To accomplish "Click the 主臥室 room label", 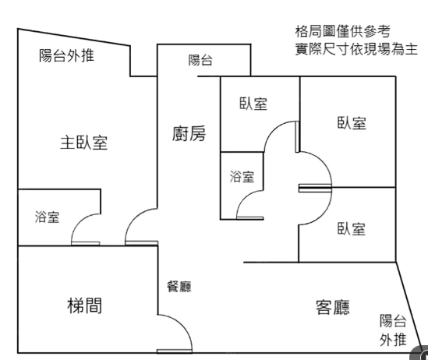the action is click(x=83, y=143).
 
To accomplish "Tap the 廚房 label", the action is click(x=189, y=134).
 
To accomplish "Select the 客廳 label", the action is click(x=333, y=307).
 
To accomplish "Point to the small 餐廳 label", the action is click(x=179, y=287).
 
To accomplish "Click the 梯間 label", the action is click(x=85, y=305).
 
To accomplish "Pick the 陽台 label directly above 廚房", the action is click(x=200, y=60).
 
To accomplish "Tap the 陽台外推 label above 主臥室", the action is click(x=66, y=55).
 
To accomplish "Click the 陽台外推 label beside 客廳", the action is click(x=393, y=330).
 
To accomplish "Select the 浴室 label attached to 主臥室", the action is click(x=47, y=217).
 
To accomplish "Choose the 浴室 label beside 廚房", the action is click(x=242, y=176).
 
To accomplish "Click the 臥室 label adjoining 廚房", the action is click(x=253, y=104).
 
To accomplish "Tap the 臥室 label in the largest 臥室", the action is click(x=352, y=123).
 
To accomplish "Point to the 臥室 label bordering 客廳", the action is click(x=352, y=228).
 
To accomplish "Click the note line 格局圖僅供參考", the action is click(x=343, y=31).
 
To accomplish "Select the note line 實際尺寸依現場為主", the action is click(x=356, y=49).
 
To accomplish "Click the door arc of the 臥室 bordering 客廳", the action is click(x=323, y=214).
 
